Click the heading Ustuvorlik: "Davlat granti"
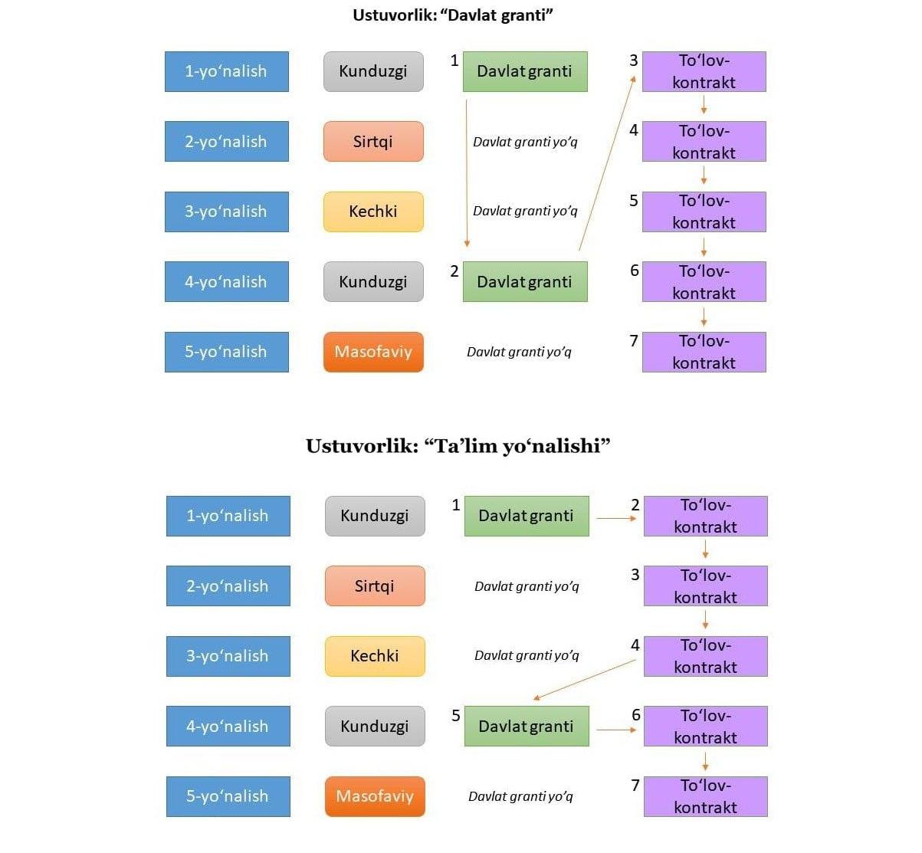coord(452,15)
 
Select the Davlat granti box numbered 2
coord(525,281)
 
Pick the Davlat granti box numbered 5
coord(527,726)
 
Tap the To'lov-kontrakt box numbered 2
coord(705,516)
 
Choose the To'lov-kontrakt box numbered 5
coord(704,212)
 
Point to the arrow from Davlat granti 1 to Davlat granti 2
coord(467,172)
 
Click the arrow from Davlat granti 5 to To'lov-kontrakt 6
coord(616,730)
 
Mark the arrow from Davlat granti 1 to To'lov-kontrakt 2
coord(616,519)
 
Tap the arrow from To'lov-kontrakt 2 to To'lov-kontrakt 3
coord(705,550)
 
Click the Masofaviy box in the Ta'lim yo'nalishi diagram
coord(375,796)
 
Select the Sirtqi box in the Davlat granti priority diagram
coord(373,142)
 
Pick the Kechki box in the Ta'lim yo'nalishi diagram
coord(375,656)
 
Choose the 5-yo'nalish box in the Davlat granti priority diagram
coord(226,352)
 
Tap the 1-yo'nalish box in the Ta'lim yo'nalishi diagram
coord(228,516)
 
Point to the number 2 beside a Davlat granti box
coord(454,271)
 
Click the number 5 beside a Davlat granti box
coord(456,715)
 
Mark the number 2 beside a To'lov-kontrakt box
coord(635,505)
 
